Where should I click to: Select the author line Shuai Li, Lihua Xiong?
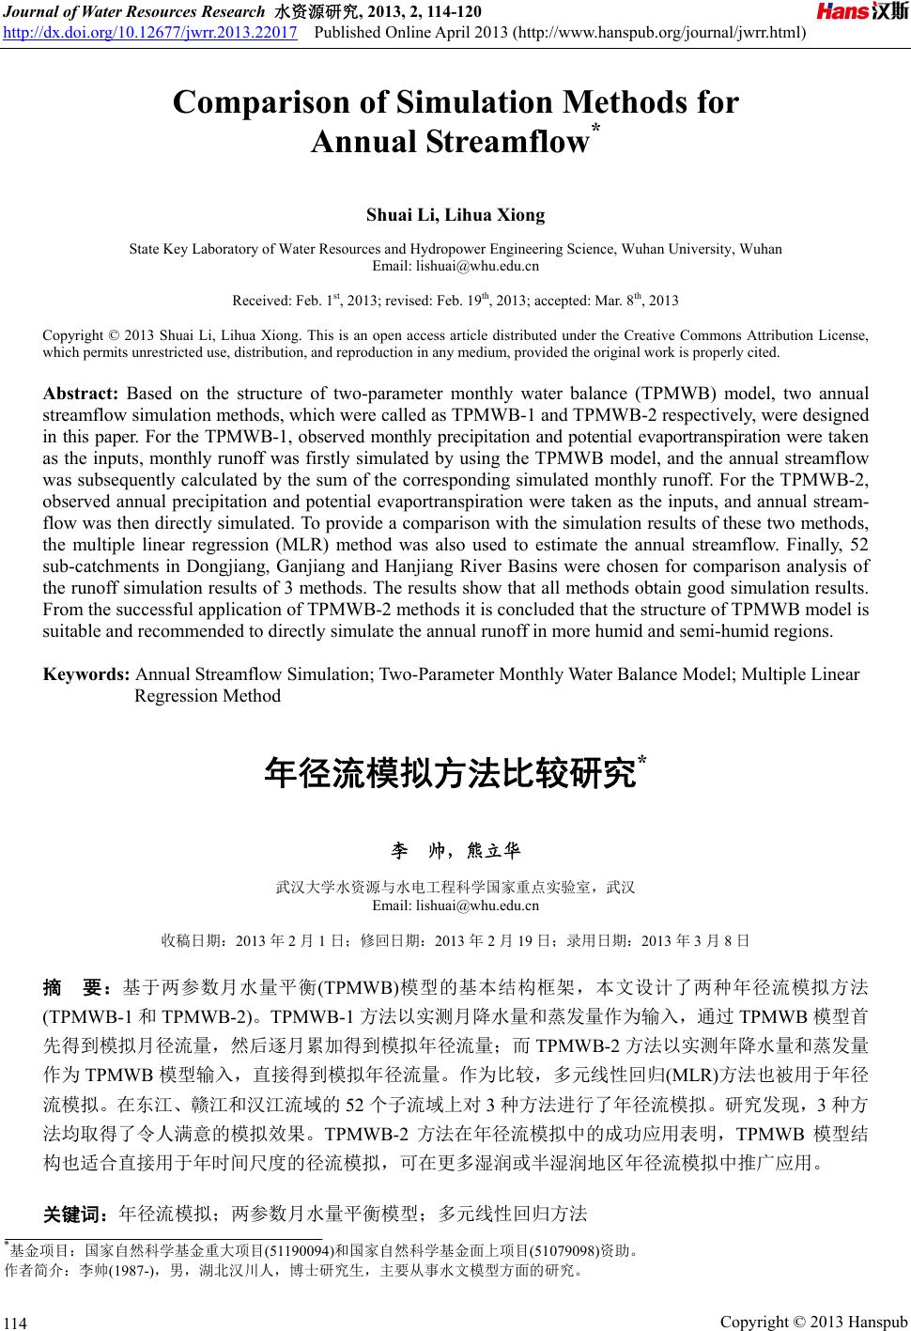(455, 215)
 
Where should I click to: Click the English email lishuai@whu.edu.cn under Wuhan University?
(455, 267)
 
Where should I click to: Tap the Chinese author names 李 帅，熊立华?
(455, 851)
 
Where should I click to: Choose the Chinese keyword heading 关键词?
(77, 1214)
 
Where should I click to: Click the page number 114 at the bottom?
(16, 1323)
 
